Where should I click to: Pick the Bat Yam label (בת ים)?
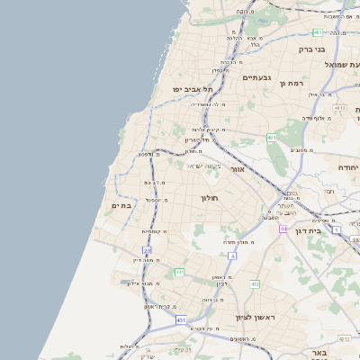click(x=121, y=207)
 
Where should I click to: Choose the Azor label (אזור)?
click(x=237, y=168)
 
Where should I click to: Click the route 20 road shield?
click(x=147, y=250)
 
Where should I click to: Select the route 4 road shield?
click(x=232, y=256)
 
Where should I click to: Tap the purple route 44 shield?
click(x=283, y=229)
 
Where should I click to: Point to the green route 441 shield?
click(x=180, y=272)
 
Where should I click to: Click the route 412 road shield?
click(x=255, y=284)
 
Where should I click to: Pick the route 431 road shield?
click(x=181, y=319)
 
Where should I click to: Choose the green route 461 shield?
click(x=271, y=138)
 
